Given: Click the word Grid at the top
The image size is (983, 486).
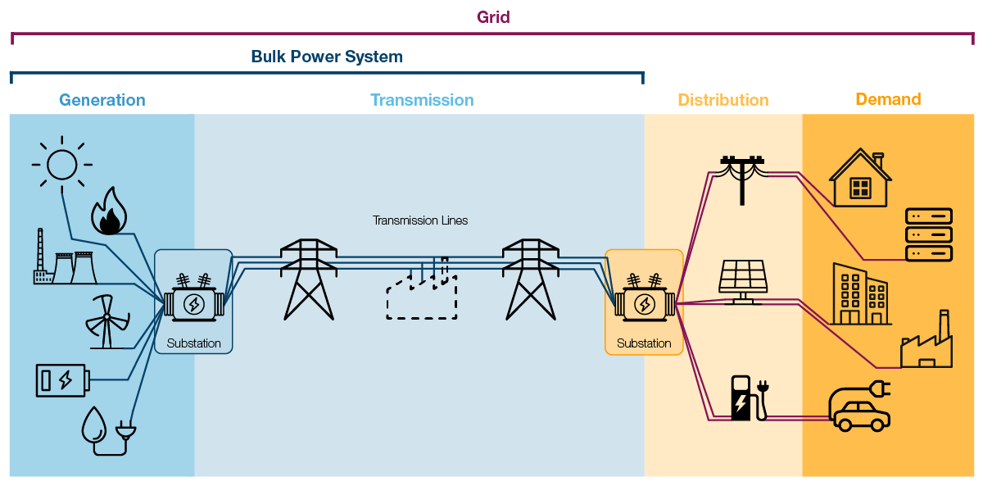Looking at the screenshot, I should tap(493, 17).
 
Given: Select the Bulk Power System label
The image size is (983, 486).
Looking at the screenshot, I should tap(327, 57).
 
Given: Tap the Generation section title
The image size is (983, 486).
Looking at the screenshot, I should tap(102, 100).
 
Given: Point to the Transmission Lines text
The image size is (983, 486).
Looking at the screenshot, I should tap(420, 220).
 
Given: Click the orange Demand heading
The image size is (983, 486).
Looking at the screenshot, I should tap(888, 99).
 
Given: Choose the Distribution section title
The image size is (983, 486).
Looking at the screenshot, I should tap(723, 100).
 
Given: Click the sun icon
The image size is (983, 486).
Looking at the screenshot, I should tap(61, 165).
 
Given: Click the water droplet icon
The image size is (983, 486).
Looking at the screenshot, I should tap(95, 427).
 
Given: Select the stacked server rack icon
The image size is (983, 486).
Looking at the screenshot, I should tap(928, 234).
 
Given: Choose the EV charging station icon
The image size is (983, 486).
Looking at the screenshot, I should tap(742, 398).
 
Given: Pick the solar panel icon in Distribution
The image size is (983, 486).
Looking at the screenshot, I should tap(744, 281).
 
